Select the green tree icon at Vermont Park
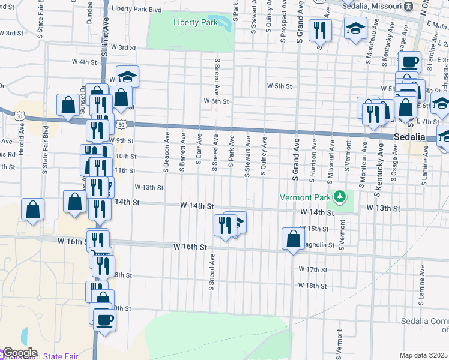(340, 196)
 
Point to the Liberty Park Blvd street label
(137, 10)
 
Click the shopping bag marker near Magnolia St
(293, 239)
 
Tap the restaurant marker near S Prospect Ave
(320, 29)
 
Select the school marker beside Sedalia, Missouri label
(355, 28)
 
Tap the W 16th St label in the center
(190, 247)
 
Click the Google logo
(20, 353)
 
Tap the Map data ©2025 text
(423, 355)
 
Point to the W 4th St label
(84, 62)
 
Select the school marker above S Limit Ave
(127, 77)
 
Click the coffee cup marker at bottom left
(104, 319)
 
